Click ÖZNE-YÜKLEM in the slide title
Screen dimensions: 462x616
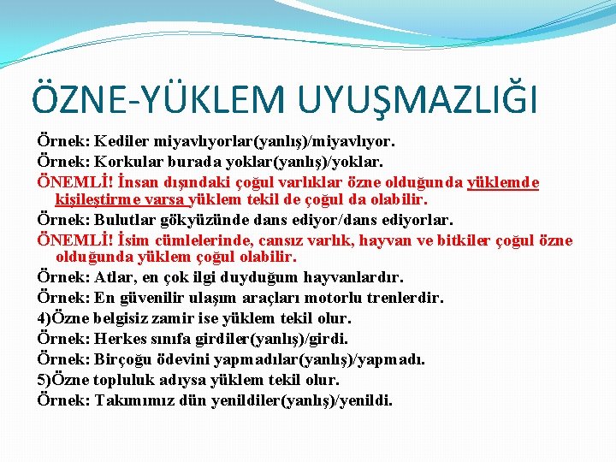[x=152, y=98]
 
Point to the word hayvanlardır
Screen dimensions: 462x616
[x=351, y=278]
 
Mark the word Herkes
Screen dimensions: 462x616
[x=123, y=339]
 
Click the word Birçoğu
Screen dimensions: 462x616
[x=127, y=359]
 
